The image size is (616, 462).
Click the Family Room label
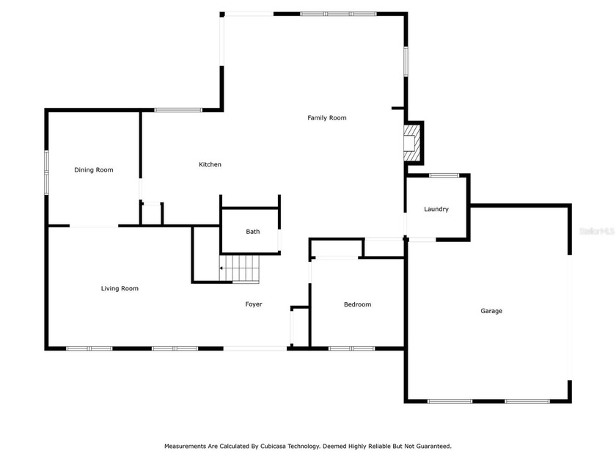click(x=327, y=117)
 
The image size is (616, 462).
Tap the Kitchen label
click(x=210, y=164)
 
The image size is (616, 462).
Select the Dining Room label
click(x=94, y=169)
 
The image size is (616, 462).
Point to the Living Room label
click(x=120, y=288)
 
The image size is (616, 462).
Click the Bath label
click(x=252, y=232)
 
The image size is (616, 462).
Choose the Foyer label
click(x=254, y=304)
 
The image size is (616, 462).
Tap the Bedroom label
click(x=357, y=304)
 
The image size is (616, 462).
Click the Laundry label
click(x=436, y=209)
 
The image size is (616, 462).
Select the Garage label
click(x=491, y=311)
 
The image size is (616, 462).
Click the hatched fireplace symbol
click(x=411, y=142)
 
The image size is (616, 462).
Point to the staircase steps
click(x=239, y=268)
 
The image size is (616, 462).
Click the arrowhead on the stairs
click(x=221, y=268)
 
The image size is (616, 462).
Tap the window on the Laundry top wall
click(x=444, y=175)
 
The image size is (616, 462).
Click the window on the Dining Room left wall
click(x=46, y=172)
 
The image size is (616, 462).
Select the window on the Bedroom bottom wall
click(x=351, y=348)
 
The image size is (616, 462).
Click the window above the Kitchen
click(x=178, y=110)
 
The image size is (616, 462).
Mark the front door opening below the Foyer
click(x=255, y=348)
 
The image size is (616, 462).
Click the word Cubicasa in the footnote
click(x=273, y=446)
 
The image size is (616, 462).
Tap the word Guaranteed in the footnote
click(x=433, y=446)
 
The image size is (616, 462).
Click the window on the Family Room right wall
click(x=406, y=62)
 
